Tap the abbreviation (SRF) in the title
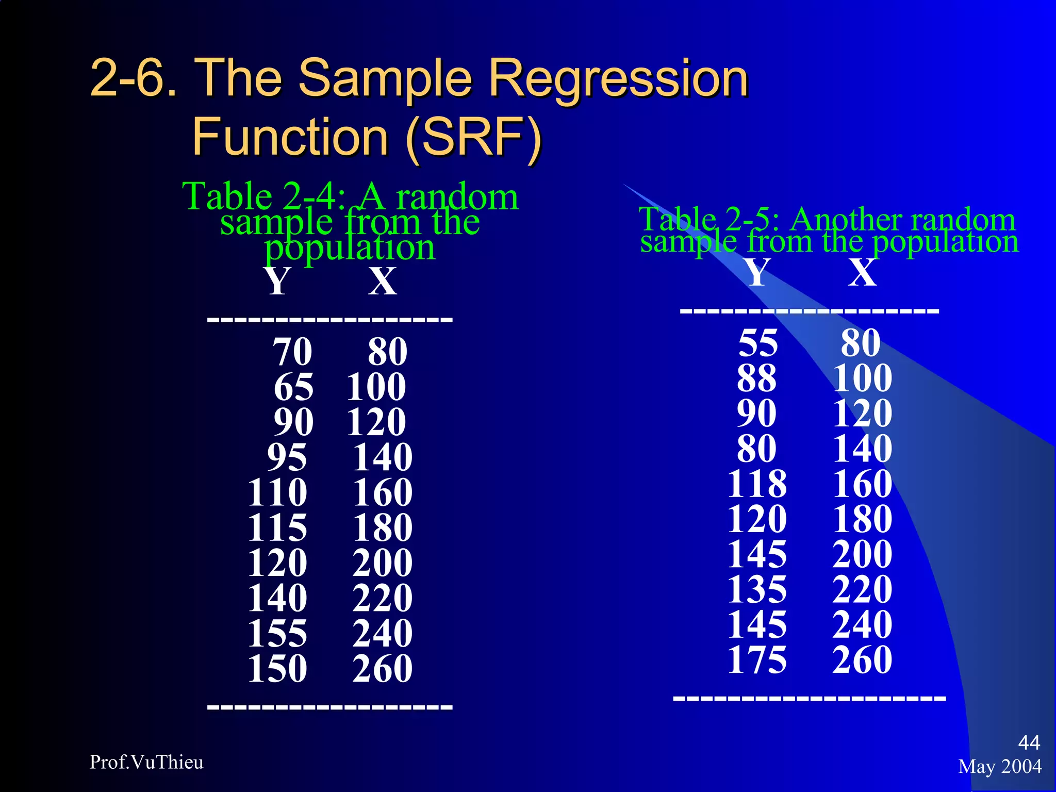[x=473, y=137]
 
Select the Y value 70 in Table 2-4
[x=292, y=352]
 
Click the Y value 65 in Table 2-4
[x=293, y=387]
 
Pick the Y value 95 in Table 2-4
[x=287, y=457]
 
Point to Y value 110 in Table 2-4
[x=277, y=492]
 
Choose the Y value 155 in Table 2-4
[x=277, y=633]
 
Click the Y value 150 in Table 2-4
[x=277, y=669]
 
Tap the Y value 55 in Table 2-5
[x=757, y=343]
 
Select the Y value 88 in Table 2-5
[x=756, y=378]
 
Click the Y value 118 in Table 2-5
[x=757, y=484]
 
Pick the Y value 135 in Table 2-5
[x=757, y=589]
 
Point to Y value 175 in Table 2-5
[x=757, y=659]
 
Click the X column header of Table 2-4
[x=383, y=282]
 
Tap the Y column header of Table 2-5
[x=758, y=272]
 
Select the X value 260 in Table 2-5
[x=862, y=659]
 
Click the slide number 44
[x=1029, y=742]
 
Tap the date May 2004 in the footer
[x=1000, y=766]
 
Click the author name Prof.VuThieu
[x=146, y=762]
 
